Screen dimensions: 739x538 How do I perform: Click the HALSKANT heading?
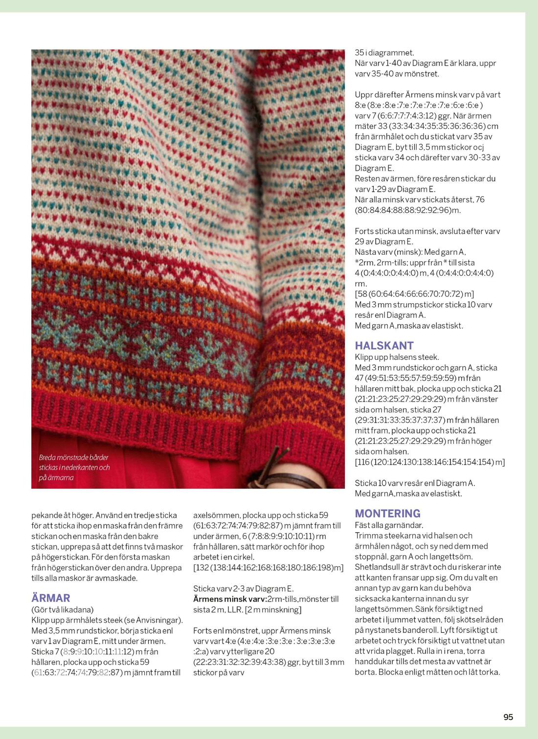(x=384, y=346)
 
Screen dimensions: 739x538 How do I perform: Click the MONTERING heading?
(x=387, y=514)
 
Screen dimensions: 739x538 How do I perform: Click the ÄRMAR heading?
(x=51, y=598)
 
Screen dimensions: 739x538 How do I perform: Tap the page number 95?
(x=508, y=717)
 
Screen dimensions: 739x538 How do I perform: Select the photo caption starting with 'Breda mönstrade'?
(x=74, y=467)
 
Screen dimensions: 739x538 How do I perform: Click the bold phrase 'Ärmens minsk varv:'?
(x=230, y=599)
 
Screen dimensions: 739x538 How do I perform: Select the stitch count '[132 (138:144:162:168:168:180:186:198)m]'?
(x=268, y=568)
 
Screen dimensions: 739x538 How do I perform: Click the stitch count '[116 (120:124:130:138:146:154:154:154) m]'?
(x=429, y=462)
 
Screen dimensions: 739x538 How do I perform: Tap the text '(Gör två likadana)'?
(x=62, y=609)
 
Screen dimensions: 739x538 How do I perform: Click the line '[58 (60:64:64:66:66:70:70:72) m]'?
(x=414, y=294)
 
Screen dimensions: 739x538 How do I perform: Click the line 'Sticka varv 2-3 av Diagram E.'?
(x=243, y=589)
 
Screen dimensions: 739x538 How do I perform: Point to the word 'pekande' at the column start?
(x=46, y=515)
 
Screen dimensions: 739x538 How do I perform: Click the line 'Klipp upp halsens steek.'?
(x=397, y=357)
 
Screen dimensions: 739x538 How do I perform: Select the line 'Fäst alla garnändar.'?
(x=389, y=525)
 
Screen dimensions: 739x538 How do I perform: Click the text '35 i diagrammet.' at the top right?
(x=384, y=53)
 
